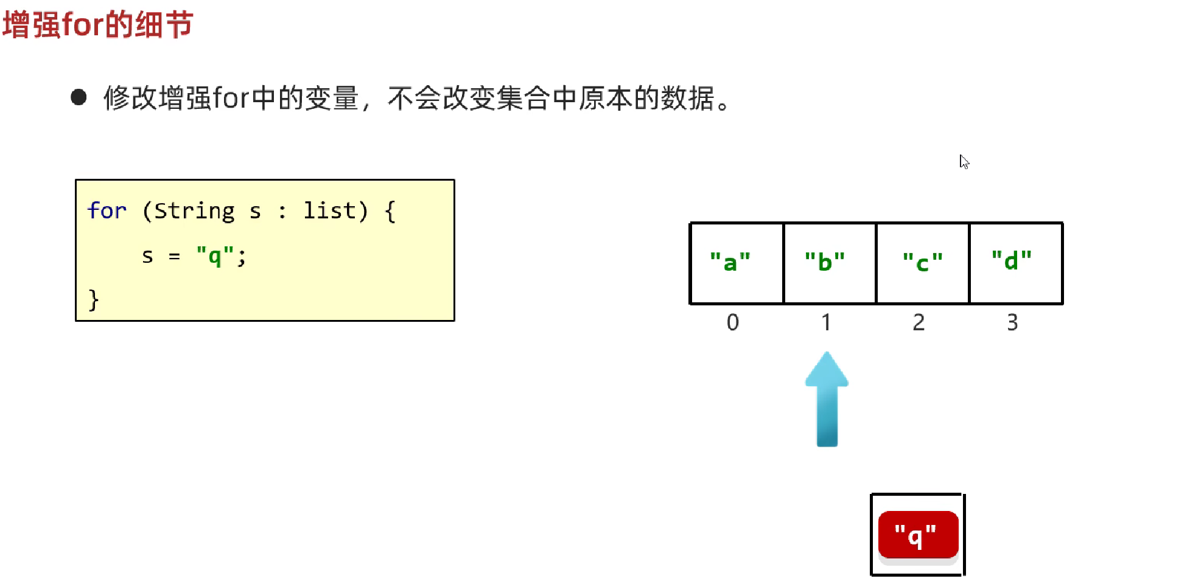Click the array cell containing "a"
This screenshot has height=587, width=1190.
point(737,263)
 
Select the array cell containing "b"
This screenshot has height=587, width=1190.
point(830,263)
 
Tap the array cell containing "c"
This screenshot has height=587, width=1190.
point(923,263)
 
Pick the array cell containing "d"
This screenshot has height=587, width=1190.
point(1016,263)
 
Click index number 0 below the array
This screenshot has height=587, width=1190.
point(733,322)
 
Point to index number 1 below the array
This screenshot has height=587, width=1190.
point(826,322)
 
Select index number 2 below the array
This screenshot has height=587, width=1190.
point(919,322)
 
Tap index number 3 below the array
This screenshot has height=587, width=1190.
point(1012,322)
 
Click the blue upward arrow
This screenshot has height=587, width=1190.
point(827,399)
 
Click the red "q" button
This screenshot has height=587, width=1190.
point(919,535)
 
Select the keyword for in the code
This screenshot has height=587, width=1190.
point(107,210)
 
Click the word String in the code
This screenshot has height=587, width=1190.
point(195,211)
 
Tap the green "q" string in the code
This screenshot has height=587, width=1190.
point(215,255)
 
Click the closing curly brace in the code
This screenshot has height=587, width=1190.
point(93,300)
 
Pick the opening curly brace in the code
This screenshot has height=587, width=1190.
point(390,211)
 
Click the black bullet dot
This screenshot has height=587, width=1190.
point(79,97)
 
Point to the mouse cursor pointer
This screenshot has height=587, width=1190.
point(964,162)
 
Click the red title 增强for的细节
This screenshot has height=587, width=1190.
point(97,25)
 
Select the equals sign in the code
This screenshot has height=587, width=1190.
point(175,257)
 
